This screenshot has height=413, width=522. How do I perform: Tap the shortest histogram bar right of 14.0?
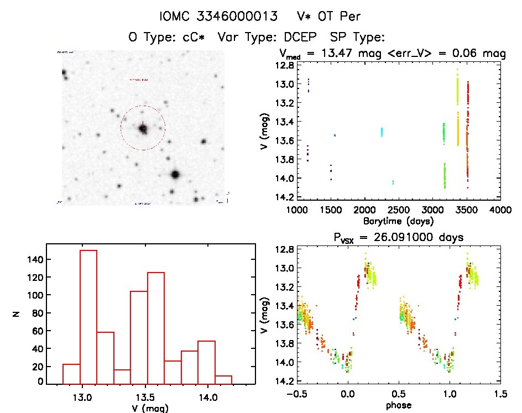click(223, 380)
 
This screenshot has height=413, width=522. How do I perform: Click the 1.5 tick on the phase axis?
click(500, 394)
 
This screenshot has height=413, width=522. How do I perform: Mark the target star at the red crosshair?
click(143, 128)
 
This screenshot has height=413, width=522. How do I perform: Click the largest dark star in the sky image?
click(175, 175)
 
